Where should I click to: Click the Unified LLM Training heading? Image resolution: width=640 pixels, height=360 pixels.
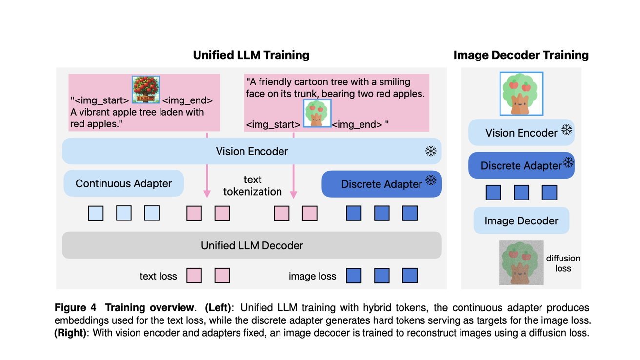(251, 55)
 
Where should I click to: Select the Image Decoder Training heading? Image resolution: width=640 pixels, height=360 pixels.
(521, 55)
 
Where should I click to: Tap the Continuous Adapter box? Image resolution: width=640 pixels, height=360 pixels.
(123, 183)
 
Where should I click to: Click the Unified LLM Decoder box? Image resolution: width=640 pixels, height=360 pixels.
(252, 245)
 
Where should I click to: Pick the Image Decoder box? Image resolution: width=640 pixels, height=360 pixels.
(521, 220)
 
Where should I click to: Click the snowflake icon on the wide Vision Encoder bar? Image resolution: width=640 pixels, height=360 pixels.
(430, 152)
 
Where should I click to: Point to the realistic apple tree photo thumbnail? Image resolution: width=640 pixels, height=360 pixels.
(146, 90)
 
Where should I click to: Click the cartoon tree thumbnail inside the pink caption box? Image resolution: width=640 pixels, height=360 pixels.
(317, 114)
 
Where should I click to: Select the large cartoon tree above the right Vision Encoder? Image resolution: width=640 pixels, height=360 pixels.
(521, 94)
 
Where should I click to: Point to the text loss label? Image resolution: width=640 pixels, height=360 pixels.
(158, 276)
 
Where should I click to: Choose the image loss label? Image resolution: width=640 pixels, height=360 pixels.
(312, 276)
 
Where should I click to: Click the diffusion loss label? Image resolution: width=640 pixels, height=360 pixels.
(563, 263)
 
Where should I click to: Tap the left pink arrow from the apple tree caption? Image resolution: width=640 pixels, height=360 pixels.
(207, 166)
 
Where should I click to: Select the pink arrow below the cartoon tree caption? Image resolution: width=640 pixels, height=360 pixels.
(293, 166)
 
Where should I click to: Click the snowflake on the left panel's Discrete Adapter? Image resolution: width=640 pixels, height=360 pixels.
(431, 181)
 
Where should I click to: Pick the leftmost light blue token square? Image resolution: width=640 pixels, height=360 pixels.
(96, 213)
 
